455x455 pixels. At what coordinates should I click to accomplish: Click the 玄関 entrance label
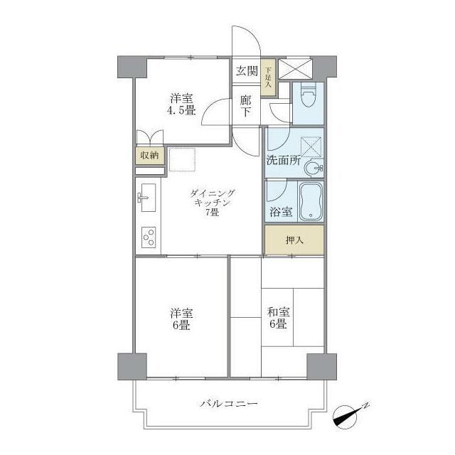[x=247, y=70]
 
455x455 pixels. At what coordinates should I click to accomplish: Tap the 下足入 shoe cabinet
[x=268, y=77]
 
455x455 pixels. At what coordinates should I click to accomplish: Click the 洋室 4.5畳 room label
[x=181, y=105]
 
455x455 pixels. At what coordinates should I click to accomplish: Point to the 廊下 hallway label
[x=245, y=106]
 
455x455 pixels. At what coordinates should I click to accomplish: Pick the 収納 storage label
[x=149, y=155]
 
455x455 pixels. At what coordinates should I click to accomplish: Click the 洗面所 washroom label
[x=283, y=161]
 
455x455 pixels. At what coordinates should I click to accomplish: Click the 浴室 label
[x=279, y=211]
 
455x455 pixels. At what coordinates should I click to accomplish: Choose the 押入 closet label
[x=294, y=240]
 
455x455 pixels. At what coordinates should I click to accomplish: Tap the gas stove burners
[x=149, y=235]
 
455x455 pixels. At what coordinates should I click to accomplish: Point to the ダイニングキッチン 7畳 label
[x=211, y=203]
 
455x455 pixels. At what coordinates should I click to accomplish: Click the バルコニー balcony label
[x=228, y=403]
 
